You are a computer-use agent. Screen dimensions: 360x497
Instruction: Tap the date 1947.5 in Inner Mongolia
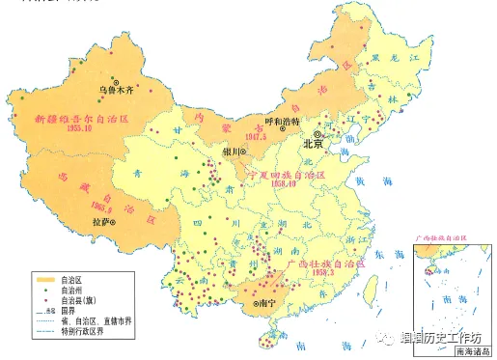tap(255, 136)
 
